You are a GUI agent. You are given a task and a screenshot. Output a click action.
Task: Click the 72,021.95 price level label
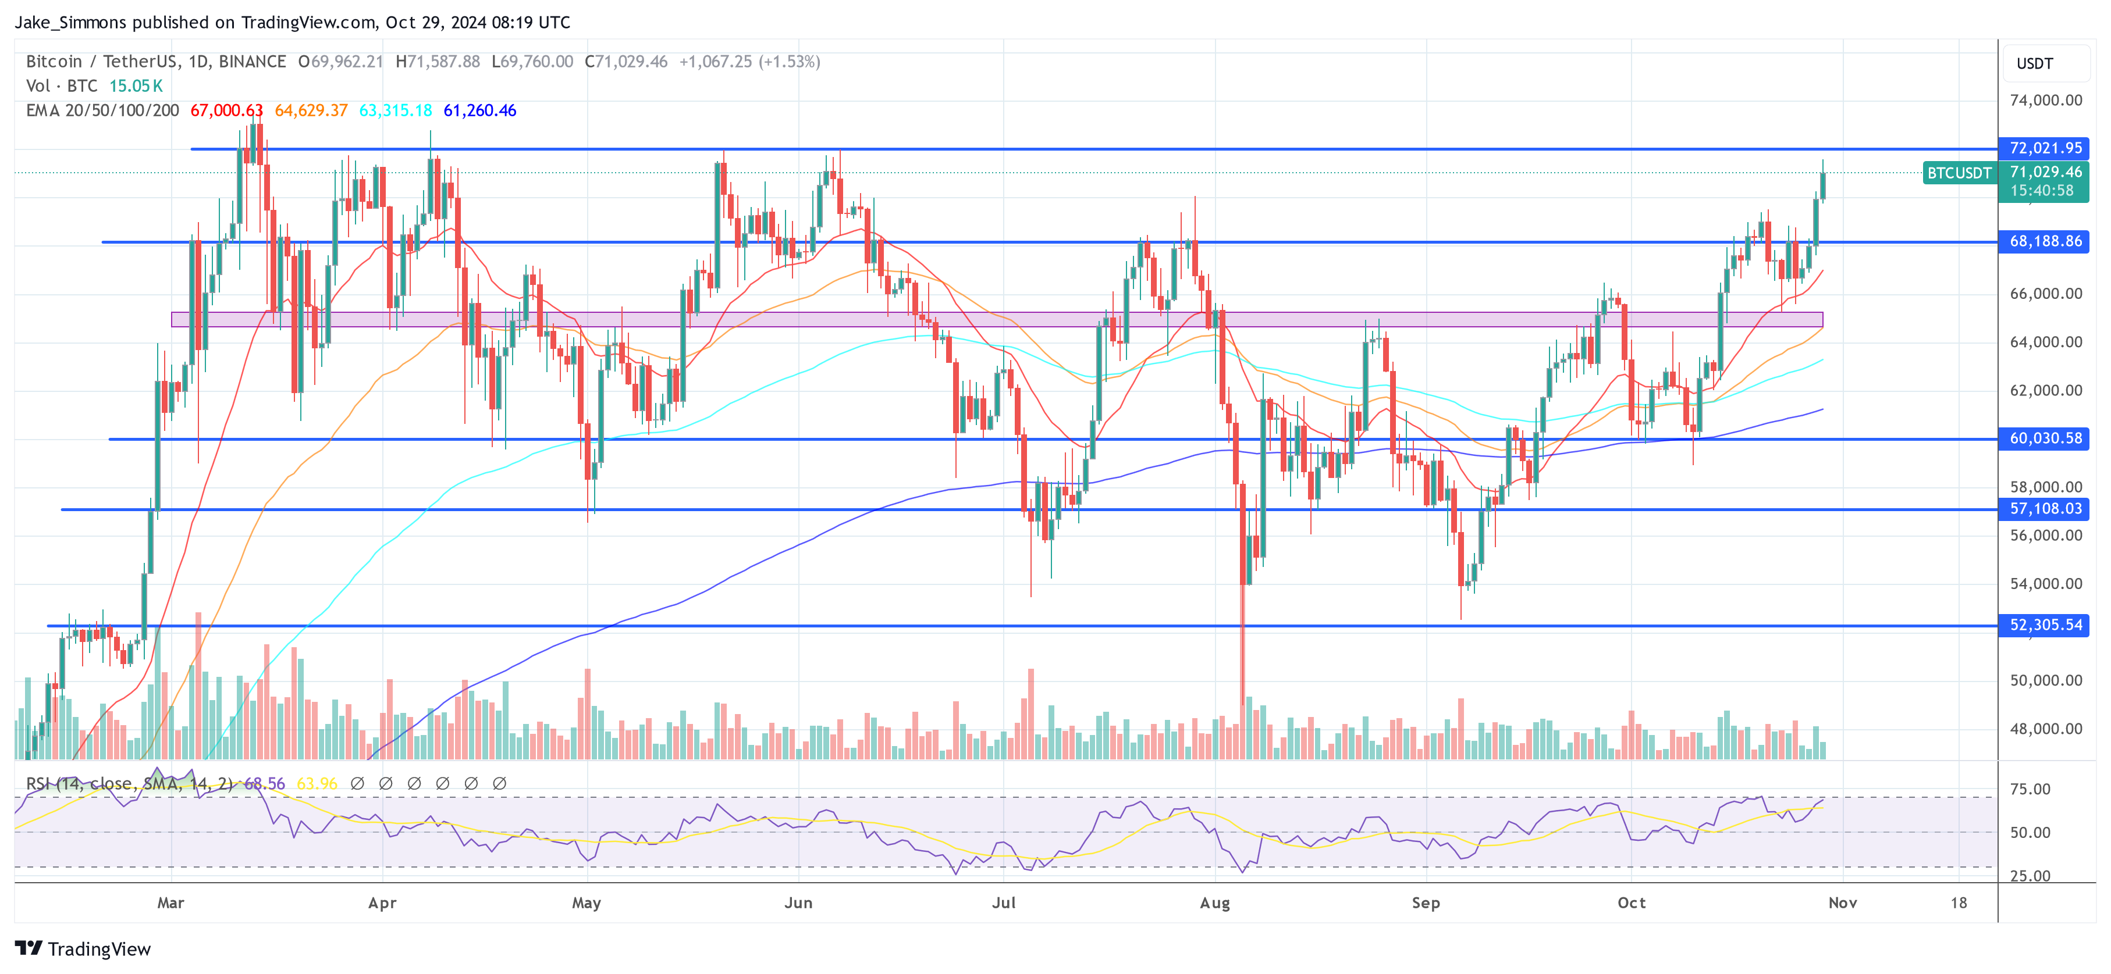point(2045,148)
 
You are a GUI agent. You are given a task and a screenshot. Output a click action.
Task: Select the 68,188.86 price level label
point(2045,242)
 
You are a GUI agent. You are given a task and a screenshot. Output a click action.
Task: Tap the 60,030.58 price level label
point(2045,439)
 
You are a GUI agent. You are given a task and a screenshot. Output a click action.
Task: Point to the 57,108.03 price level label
point(2045,509)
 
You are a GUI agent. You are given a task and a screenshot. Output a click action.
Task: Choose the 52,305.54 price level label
point(2045,625)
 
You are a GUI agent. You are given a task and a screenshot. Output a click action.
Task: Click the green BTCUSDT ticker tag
point(1959,173)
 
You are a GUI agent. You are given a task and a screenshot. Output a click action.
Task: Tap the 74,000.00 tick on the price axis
point(2045,101)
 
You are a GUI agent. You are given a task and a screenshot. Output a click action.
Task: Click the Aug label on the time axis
point(1214,902)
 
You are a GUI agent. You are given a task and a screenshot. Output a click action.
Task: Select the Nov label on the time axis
point(1842,902)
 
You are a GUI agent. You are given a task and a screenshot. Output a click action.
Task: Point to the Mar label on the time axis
point(170,902)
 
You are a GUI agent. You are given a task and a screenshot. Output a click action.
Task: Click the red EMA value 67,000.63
point(226,110)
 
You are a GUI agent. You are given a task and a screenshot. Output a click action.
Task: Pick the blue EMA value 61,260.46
point(479,110)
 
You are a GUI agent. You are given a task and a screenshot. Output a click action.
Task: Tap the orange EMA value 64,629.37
point(311,110)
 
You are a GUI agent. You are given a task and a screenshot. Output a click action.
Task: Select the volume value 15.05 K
point(136,86)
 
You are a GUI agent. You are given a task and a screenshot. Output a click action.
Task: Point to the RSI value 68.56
point(265,784)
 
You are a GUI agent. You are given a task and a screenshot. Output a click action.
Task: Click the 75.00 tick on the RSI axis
point(2030,790)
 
